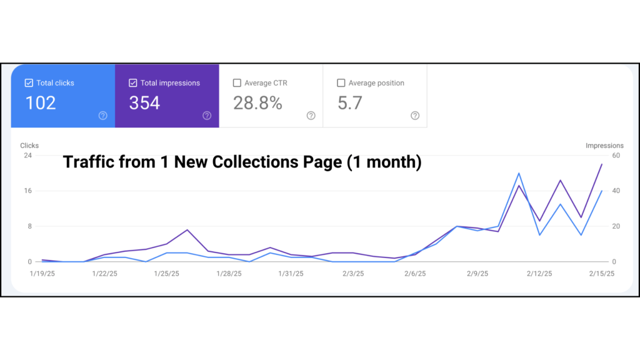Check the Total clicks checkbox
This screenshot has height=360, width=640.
29,83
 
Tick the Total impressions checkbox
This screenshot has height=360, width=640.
132,83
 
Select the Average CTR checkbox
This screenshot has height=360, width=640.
237,83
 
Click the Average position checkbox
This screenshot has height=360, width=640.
341,83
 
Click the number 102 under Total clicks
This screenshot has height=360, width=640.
41,103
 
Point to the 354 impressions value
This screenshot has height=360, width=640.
144,103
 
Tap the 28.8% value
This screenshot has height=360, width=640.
257,103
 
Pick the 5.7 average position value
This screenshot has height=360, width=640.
350,103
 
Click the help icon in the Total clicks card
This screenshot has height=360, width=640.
103,116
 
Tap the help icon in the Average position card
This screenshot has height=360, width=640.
415,116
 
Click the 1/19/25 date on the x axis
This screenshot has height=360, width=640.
42,274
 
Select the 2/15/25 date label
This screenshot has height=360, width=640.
602,274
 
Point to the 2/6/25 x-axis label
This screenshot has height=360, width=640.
415,274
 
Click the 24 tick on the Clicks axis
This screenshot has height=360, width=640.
27,155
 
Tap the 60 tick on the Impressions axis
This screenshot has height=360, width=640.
616,155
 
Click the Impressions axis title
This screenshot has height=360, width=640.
604,146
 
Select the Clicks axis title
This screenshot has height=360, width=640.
29,146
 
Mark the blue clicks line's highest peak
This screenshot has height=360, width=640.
519,174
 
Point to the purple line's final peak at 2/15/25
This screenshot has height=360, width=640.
602,164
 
